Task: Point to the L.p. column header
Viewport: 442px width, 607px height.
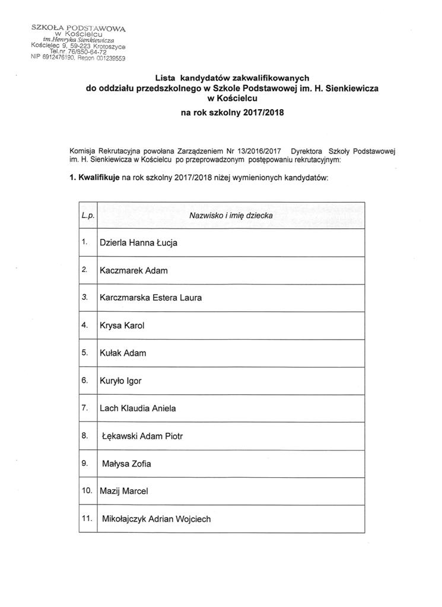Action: pyautogui.click(x=88, y=215)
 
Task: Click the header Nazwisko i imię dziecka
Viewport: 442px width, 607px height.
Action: pyautogui.click(x=231, y=216)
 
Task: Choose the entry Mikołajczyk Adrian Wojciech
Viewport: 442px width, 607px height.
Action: pyautogui.click(x=156, y=519)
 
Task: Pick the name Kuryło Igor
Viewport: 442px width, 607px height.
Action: pyautogui.click(x=120, y=381)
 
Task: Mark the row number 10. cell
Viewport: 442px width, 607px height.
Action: pyautogui.click(x=87, y=491)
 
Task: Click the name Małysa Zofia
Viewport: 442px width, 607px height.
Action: pyautogui.click(x=126, y=464)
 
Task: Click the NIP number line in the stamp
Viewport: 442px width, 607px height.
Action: pyautogui.click(x=78, y=57)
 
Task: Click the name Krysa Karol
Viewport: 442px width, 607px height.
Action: pyautogui.click(x=122, y=325)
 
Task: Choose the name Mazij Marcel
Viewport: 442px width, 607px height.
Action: pyautogui.click(x=124, y=491)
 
